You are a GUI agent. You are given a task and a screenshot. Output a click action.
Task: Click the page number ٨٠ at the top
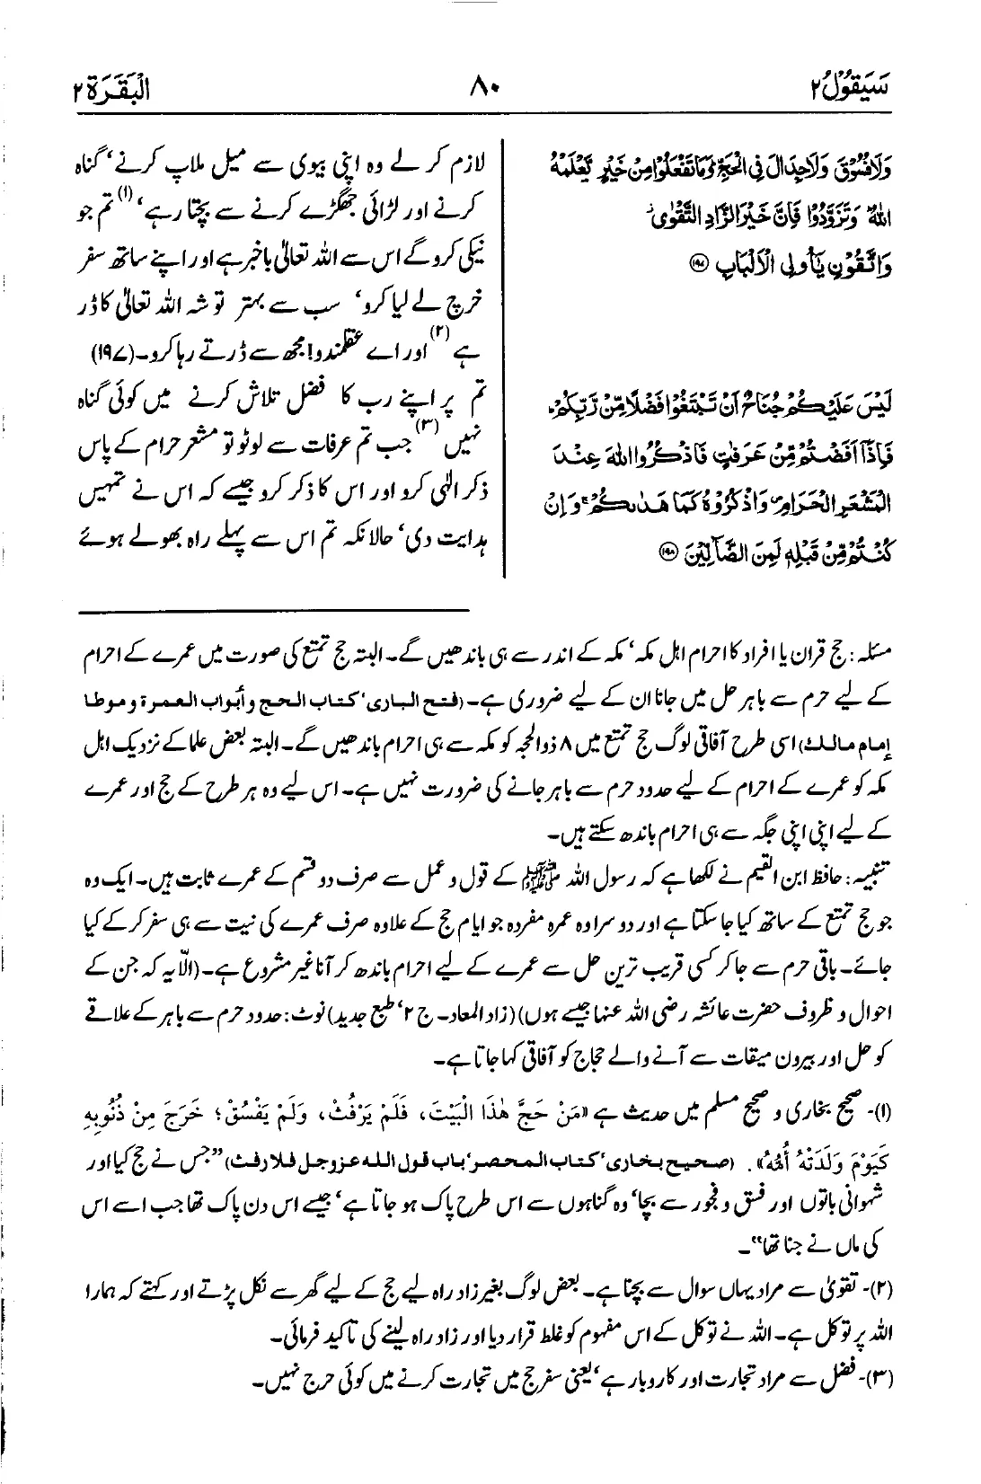[490, 90]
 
